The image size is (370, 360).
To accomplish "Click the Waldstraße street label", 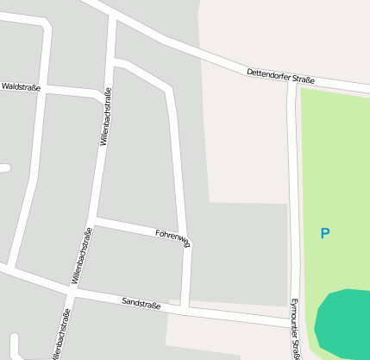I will point(21,86).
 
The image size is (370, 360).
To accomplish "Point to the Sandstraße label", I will point(141,303).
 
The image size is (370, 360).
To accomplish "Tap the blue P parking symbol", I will point(325,233).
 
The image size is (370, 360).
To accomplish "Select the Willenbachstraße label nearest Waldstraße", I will point(105,117).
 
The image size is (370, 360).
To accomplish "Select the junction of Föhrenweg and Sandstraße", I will point(185,307).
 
